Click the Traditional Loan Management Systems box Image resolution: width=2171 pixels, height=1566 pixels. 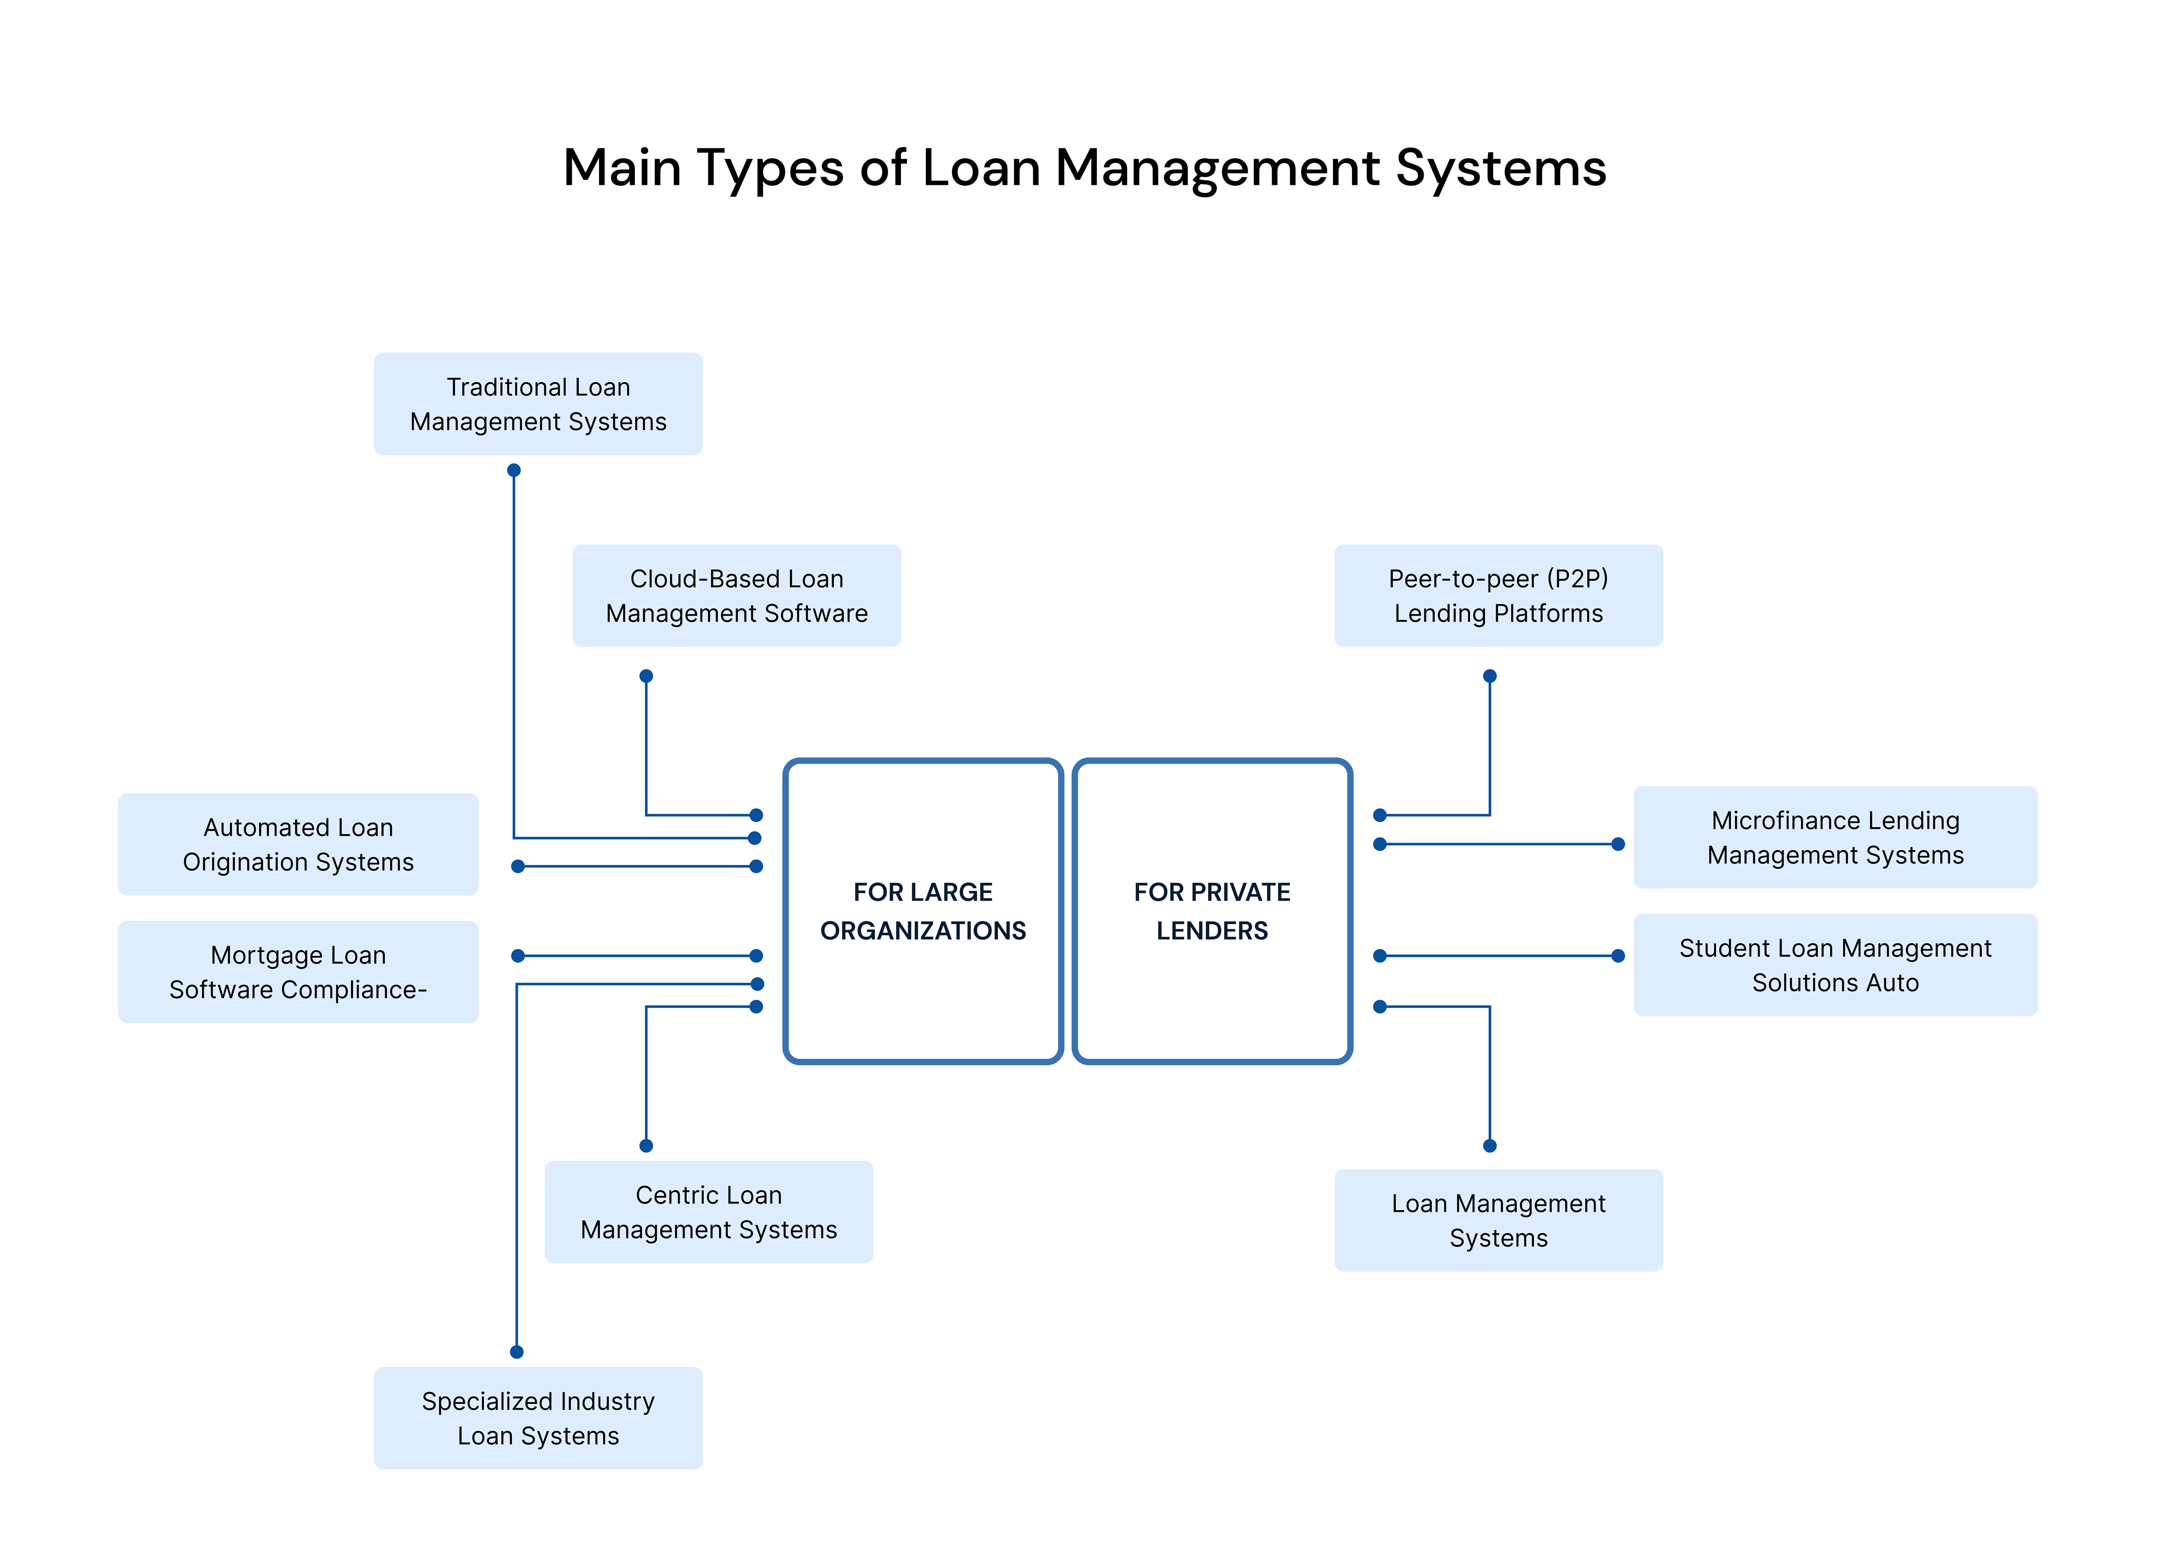pos(538,404)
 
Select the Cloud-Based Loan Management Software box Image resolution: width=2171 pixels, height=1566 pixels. pos(736,595)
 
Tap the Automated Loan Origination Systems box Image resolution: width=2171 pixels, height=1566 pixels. pos(298,844)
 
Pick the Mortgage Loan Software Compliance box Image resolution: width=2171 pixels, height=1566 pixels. pos(298,972)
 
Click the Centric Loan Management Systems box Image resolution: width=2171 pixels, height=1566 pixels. pos(708,1212)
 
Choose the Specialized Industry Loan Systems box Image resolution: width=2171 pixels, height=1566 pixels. pos(538,1418)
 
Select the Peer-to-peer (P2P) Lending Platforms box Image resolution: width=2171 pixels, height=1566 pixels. pos(1498,595)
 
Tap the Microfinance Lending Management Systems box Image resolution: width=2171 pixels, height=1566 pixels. pos(1835,838)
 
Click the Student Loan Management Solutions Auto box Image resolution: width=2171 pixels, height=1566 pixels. pos(1835,965)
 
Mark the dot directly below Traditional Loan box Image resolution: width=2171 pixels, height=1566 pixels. pos(514,470)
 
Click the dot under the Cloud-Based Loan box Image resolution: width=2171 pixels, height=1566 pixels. pos(646,676)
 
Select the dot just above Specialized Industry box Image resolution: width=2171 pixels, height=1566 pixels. pos(517,1352)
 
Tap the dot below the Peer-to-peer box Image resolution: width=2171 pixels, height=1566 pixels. pos(1489,676)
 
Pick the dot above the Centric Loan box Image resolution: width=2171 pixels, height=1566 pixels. pos(646,1146)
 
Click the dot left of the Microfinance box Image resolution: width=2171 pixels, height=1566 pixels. pos(1618,844)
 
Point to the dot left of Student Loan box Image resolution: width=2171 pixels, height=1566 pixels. pos(1618,955)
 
